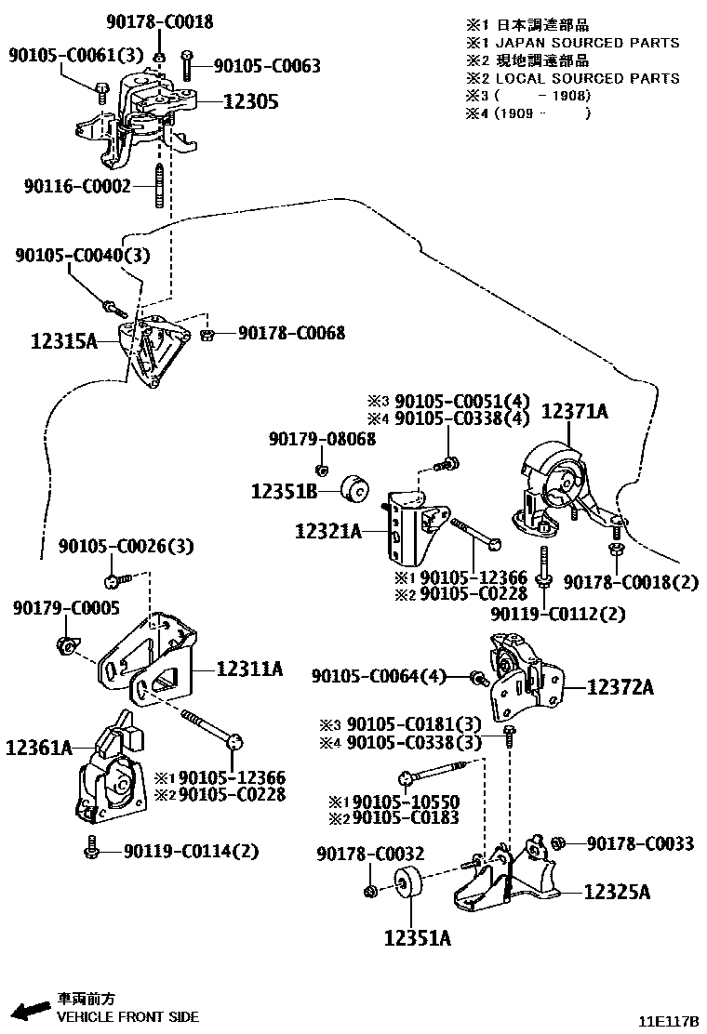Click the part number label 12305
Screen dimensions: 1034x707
click(250, 101)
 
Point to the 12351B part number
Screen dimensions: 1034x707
click(284, 490)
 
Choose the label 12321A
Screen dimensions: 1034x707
click(328, 532)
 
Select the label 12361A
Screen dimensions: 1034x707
click(39, 747)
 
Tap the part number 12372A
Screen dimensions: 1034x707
click(620, 688)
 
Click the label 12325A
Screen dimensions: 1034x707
click(617, 892)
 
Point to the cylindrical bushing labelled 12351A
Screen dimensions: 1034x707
click(407, 884)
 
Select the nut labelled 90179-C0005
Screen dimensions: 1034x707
click(67, 643)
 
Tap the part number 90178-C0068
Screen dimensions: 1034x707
click(291, 332)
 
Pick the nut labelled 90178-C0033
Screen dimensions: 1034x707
click(558, 843)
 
